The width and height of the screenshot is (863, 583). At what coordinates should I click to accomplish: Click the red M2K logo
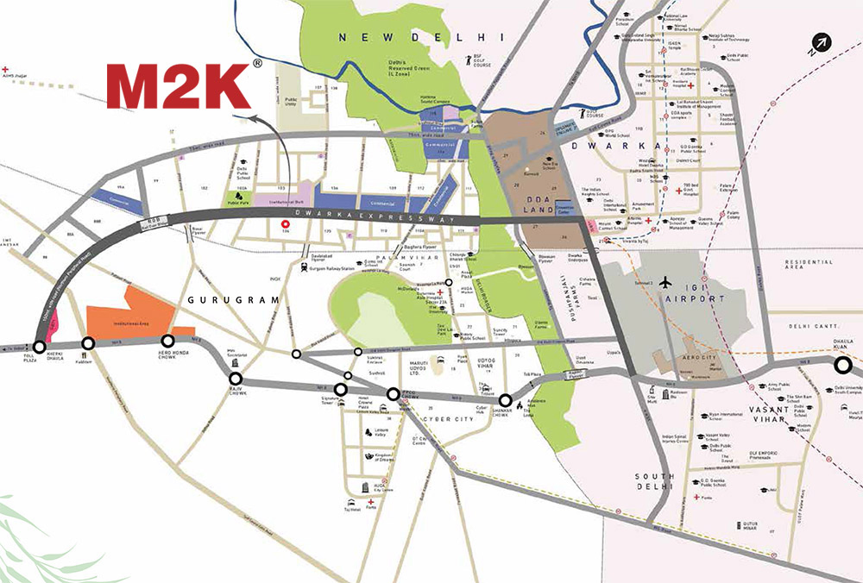pos(179,85)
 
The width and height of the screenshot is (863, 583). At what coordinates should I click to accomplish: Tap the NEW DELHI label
pos(420,37)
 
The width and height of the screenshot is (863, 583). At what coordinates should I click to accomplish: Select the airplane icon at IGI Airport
pos(665,282)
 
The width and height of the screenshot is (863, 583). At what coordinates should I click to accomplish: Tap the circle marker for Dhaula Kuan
pos(842,365)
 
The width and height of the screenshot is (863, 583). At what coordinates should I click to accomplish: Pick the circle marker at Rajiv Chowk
pos(236,378)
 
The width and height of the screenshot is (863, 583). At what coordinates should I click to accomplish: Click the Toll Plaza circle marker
pos(40,347)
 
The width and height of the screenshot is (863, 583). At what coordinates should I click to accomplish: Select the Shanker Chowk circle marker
pos(505,399)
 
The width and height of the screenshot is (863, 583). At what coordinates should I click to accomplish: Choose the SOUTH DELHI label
pos(653,483)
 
